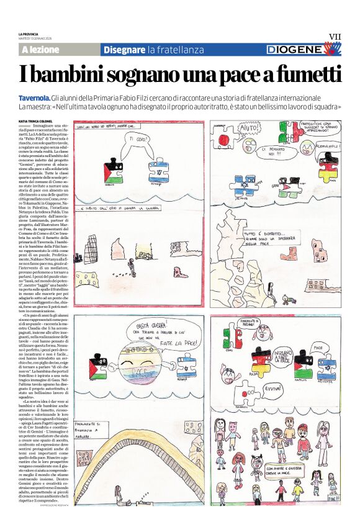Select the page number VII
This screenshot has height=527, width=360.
[335, 37]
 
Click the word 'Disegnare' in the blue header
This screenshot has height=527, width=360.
[124, 49]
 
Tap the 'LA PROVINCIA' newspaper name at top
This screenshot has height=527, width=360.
[29, 34]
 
